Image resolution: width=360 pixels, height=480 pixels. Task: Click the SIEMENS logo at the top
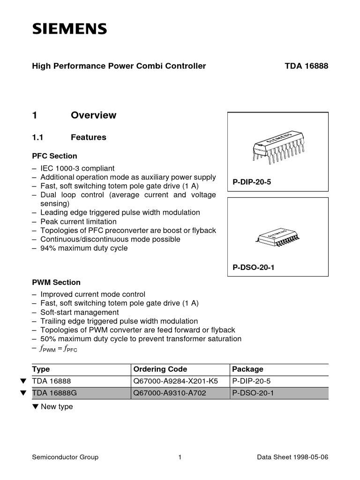pyautogui.click(x=69, y=30)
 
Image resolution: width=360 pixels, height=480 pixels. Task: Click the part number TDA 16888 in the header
pyautogui.click(x=306, y=66)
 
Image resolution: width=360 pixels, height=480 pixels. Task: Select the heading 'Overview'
pyautogui.click(x=93, y=115)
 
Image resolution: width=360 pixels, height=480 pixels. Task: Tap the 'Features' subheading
pyautogui.click(x=88, y=137)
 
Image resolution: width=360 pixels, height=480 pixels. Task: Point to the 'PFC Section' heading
pyautogui.click(x=54, y=156)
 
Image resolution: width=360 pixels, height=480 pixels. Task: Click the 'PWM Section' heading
pyautogui.click(x=56, y=283)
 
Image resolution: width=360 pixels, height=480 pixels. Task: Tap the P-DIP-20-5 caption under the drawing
pyautogui.click(x=252, y=182)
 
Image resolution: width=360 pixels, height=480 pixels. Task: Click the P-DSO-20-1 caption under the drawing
pyautogui.click(x=253, y=268)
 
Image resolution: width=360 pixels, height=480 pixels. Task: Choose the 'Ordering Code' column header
pyautogui.click(x=160, y=369)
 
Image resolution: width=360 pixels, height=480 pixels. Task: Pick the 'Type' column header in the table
pyautogui.click(x=41, y=369)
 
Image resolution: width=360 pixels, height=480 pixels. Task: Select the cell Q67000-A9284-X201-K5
pyautogui.click(x=176, y=382)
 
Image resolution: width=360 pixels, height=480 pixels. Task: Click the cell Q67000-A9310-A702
pyautogui.click(x=169, y=394)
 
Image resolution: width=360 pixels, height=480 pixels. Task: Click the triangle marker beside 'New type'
pyautogui.click(x=35, y=407)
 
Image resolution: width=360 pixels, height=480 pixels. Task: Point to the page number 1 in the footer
pyautogui.click(x=180, y=457)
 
